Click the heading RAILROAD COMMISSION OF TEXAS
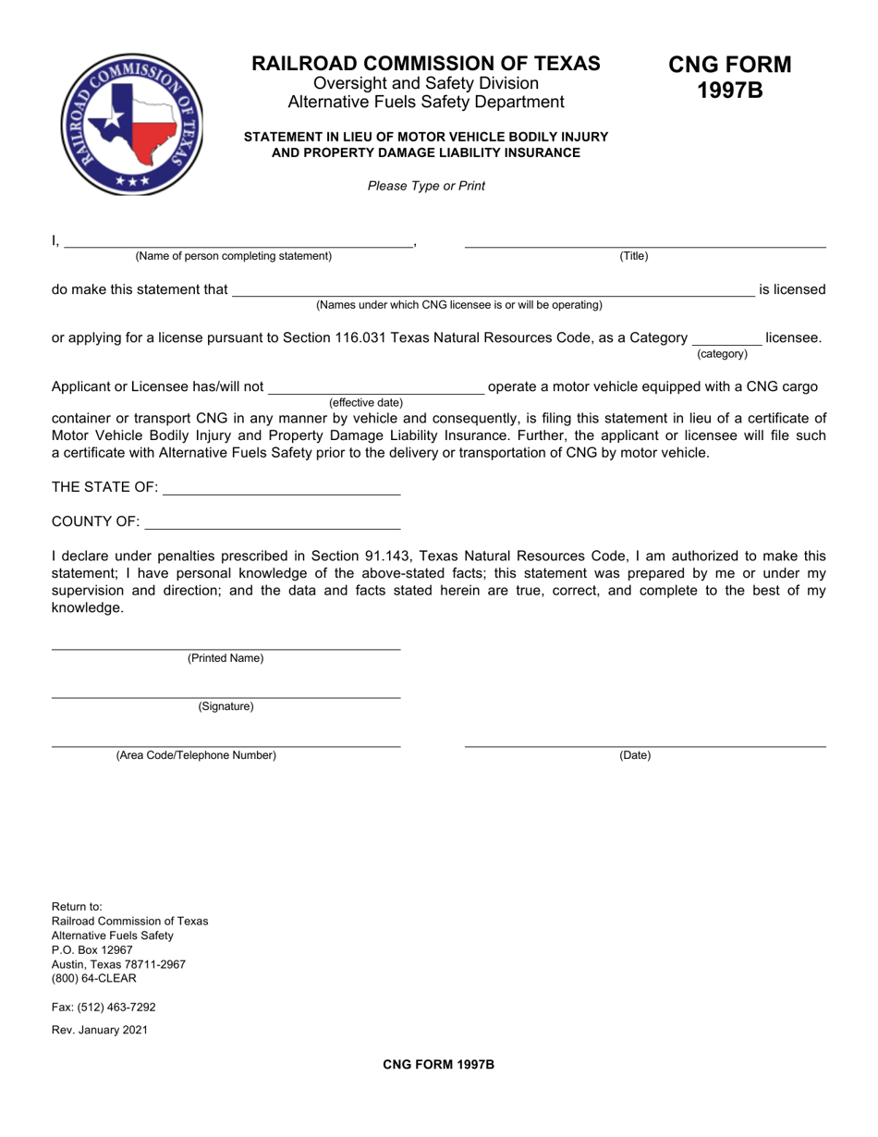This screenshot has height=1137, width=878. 426,64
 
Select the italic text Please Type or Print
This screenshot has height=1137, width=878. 426,186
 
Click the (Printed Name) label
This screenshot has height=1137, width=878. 226,658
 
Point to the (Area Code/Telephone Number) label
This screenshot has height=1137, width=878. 196,755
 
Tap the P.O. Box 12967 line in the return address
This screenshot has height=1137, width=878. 92,950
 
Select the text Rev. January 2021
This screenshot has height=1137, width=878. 99,1030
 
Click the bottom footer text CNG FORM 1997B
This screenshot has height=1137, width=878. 439,1065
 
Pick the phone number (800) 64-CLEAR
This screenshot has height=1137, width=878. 93,979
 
